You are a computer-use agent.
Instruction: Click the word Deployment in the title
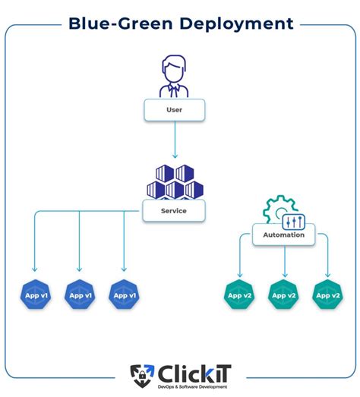[x=237, y=24]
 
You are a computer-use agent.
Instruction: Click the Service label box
[x=175, y=210]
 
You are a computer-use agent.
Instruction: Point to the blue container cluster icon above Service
[x=175, y=180]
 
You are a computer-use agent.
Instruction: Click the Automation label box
[x=284, y=235]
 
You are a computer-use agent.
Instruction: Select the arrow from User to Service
[x=175, y=140]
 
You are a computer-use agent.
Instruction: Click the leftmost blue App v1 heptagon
[x=35, y=295]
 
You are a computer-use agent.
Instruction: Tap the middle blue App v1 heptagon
[x=80, y=295]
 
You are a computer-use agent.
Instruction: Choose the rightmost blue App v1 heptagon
[x=123, y=295]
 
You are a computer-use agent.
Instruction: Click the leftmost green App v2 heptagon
[x=240, y=295]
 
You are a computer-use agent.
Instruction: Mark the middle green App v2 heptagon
[x=284, y=295]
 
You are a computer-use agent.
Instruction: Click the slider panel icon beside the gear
[x=292, y=221]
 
